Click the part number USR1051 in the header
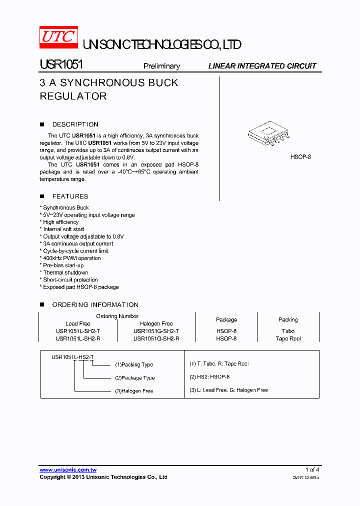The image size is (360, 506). coord(61,65)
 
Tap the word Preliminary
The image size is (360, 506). coord(161,66)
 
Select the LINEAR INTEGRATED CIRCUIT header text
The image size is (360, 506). coord(262,66)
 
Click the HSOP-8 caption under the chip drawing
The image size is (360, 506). coord(300,156)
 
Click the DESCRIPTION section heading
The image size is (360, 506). coord(75,124)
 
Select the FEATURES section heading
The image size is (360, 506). coord(70,196)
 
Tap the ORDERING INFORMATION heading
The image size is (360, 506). coord(95,304)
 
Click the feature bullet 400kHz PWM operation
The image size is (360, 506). coord(71,258)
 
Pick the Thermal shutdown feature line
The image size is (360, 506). coord(65,272)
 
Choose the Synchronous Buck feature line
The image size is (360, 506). coord(65,207)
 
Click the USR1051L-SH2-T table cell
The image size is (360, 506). coord(78,331)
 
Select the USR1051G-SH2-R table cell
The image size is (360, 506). coord(156,338)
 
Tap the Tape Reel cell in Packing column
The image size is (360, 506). coord(288,338)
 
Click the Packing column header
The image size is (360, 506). coord(288,319)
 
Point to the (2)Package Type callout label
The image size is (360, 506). coord(134,378)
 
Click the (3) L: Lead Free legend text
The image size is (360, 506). coord(228,390)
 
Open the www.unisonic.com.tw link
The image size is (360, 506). coord(68,470)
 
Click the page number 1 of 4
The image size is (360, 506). coord(312,469)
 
